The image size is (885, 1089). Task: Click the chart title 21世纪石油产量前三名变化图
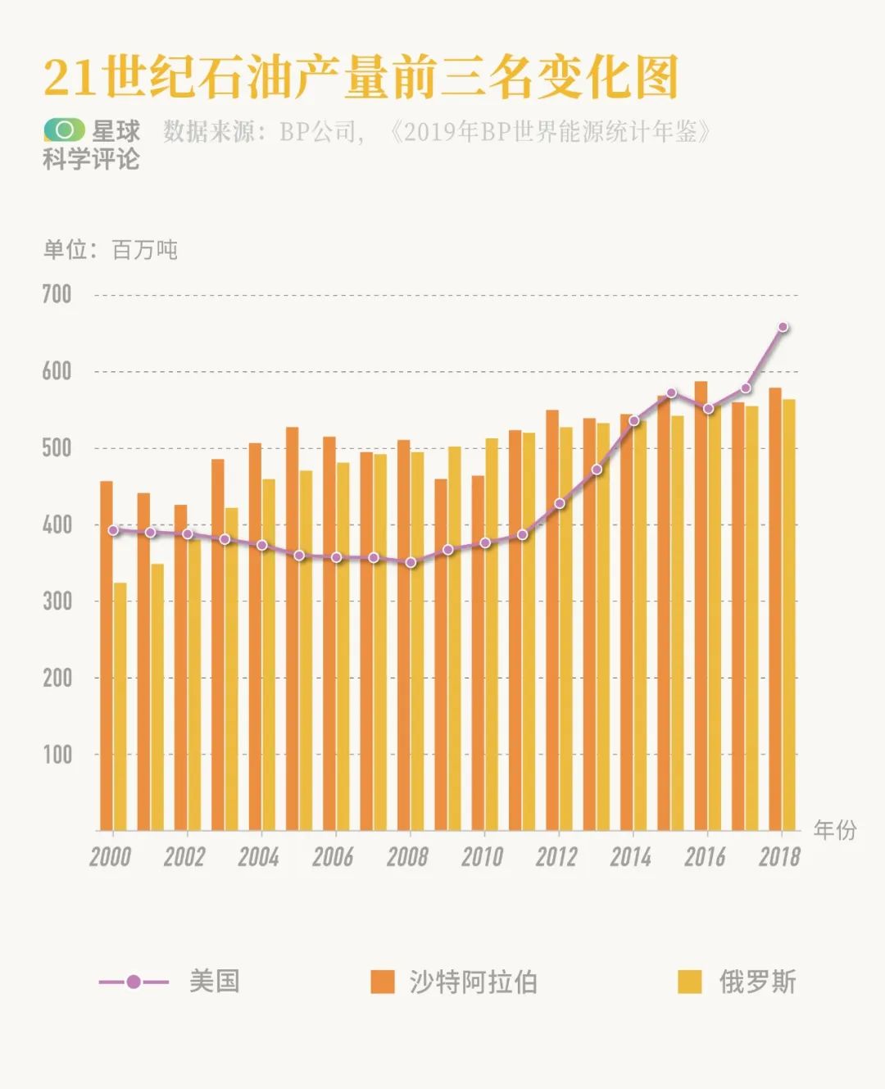pos(361,78)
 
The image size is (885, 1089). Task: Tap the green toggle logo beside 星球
pos(65,130)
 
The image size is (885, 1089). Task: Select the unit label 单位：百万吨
pos(110,250)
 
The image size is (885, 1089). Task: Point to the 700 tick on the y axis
pos(57,294)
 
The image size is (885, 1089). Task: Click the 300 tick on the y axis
pos(57,601)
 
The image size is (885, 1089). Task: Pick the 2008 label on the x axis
pos(407,857)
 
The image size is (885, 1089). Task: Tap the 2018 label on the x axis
pos(779,857)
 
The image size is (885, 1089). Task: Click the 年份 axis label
pos(834,830)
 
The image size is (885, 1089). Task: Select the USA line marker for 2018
pos(783,327)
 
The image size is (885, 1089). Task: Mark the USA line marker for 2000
pos(113,530)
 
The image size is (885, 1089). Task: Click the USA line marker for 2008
pos(411,562)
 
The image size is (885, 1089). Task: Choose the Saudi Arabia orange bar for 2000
pos(106,656)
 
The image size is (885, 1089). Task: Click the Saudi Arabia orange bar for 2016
pos(701,606)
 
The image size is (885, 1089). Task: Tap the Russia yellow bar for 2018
pos(788,615)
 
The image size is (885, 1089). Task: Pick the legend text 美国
pos(214,981)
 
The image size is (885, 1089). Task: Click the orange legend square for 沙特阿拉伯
pos(382,982)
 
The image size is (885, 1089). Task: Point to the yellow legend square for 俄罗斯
pos(690,982)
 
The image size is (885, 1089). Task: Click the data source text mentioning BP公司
pos(434,131)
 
